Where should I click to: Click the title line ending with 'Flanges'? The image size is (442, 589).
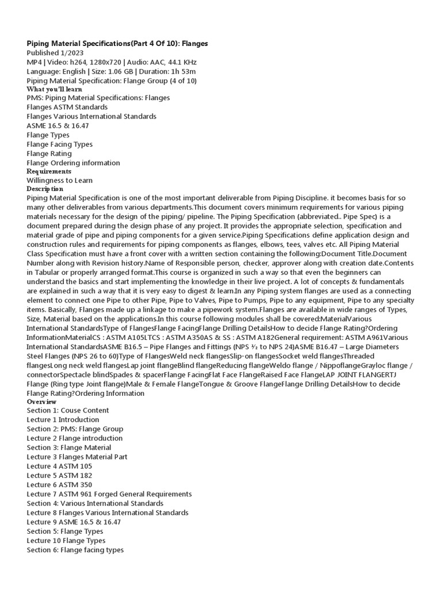(117, 44)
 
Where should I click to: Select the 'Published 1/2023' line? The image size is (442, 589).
(55, 53)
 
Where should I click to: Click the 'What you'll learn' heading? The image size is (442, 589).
(54, 89)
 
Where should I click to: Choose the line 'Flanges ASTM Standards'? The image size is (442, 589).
(67, 107)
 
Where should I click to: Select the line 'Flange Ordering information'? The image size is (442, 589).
(73, 163)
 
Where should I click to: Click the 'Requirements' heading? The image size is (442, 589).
(49, 171)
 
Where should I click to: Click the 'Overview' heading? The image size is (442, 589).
(41, 401)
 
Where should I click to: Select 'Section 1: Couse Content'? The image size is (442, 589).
(67, 411)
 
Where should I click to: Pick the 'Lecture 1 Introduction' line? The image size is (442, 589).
(63, 420)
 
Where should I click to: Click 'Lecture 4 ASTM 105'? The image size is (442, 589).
(59, 466)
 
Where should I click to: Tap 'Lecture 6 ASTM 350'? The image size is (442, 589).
(59, 485)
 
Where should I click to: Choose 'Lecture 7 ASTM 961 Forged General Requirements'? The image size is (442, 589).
(109, 494)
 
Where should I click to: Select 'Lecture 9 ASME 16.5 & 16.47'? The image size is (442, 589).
(74, 522)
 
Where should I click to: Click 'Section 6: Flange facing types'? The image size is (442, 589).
(75, 550)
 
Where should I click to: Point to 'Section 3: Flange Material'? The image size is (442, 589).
(68, 448)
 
